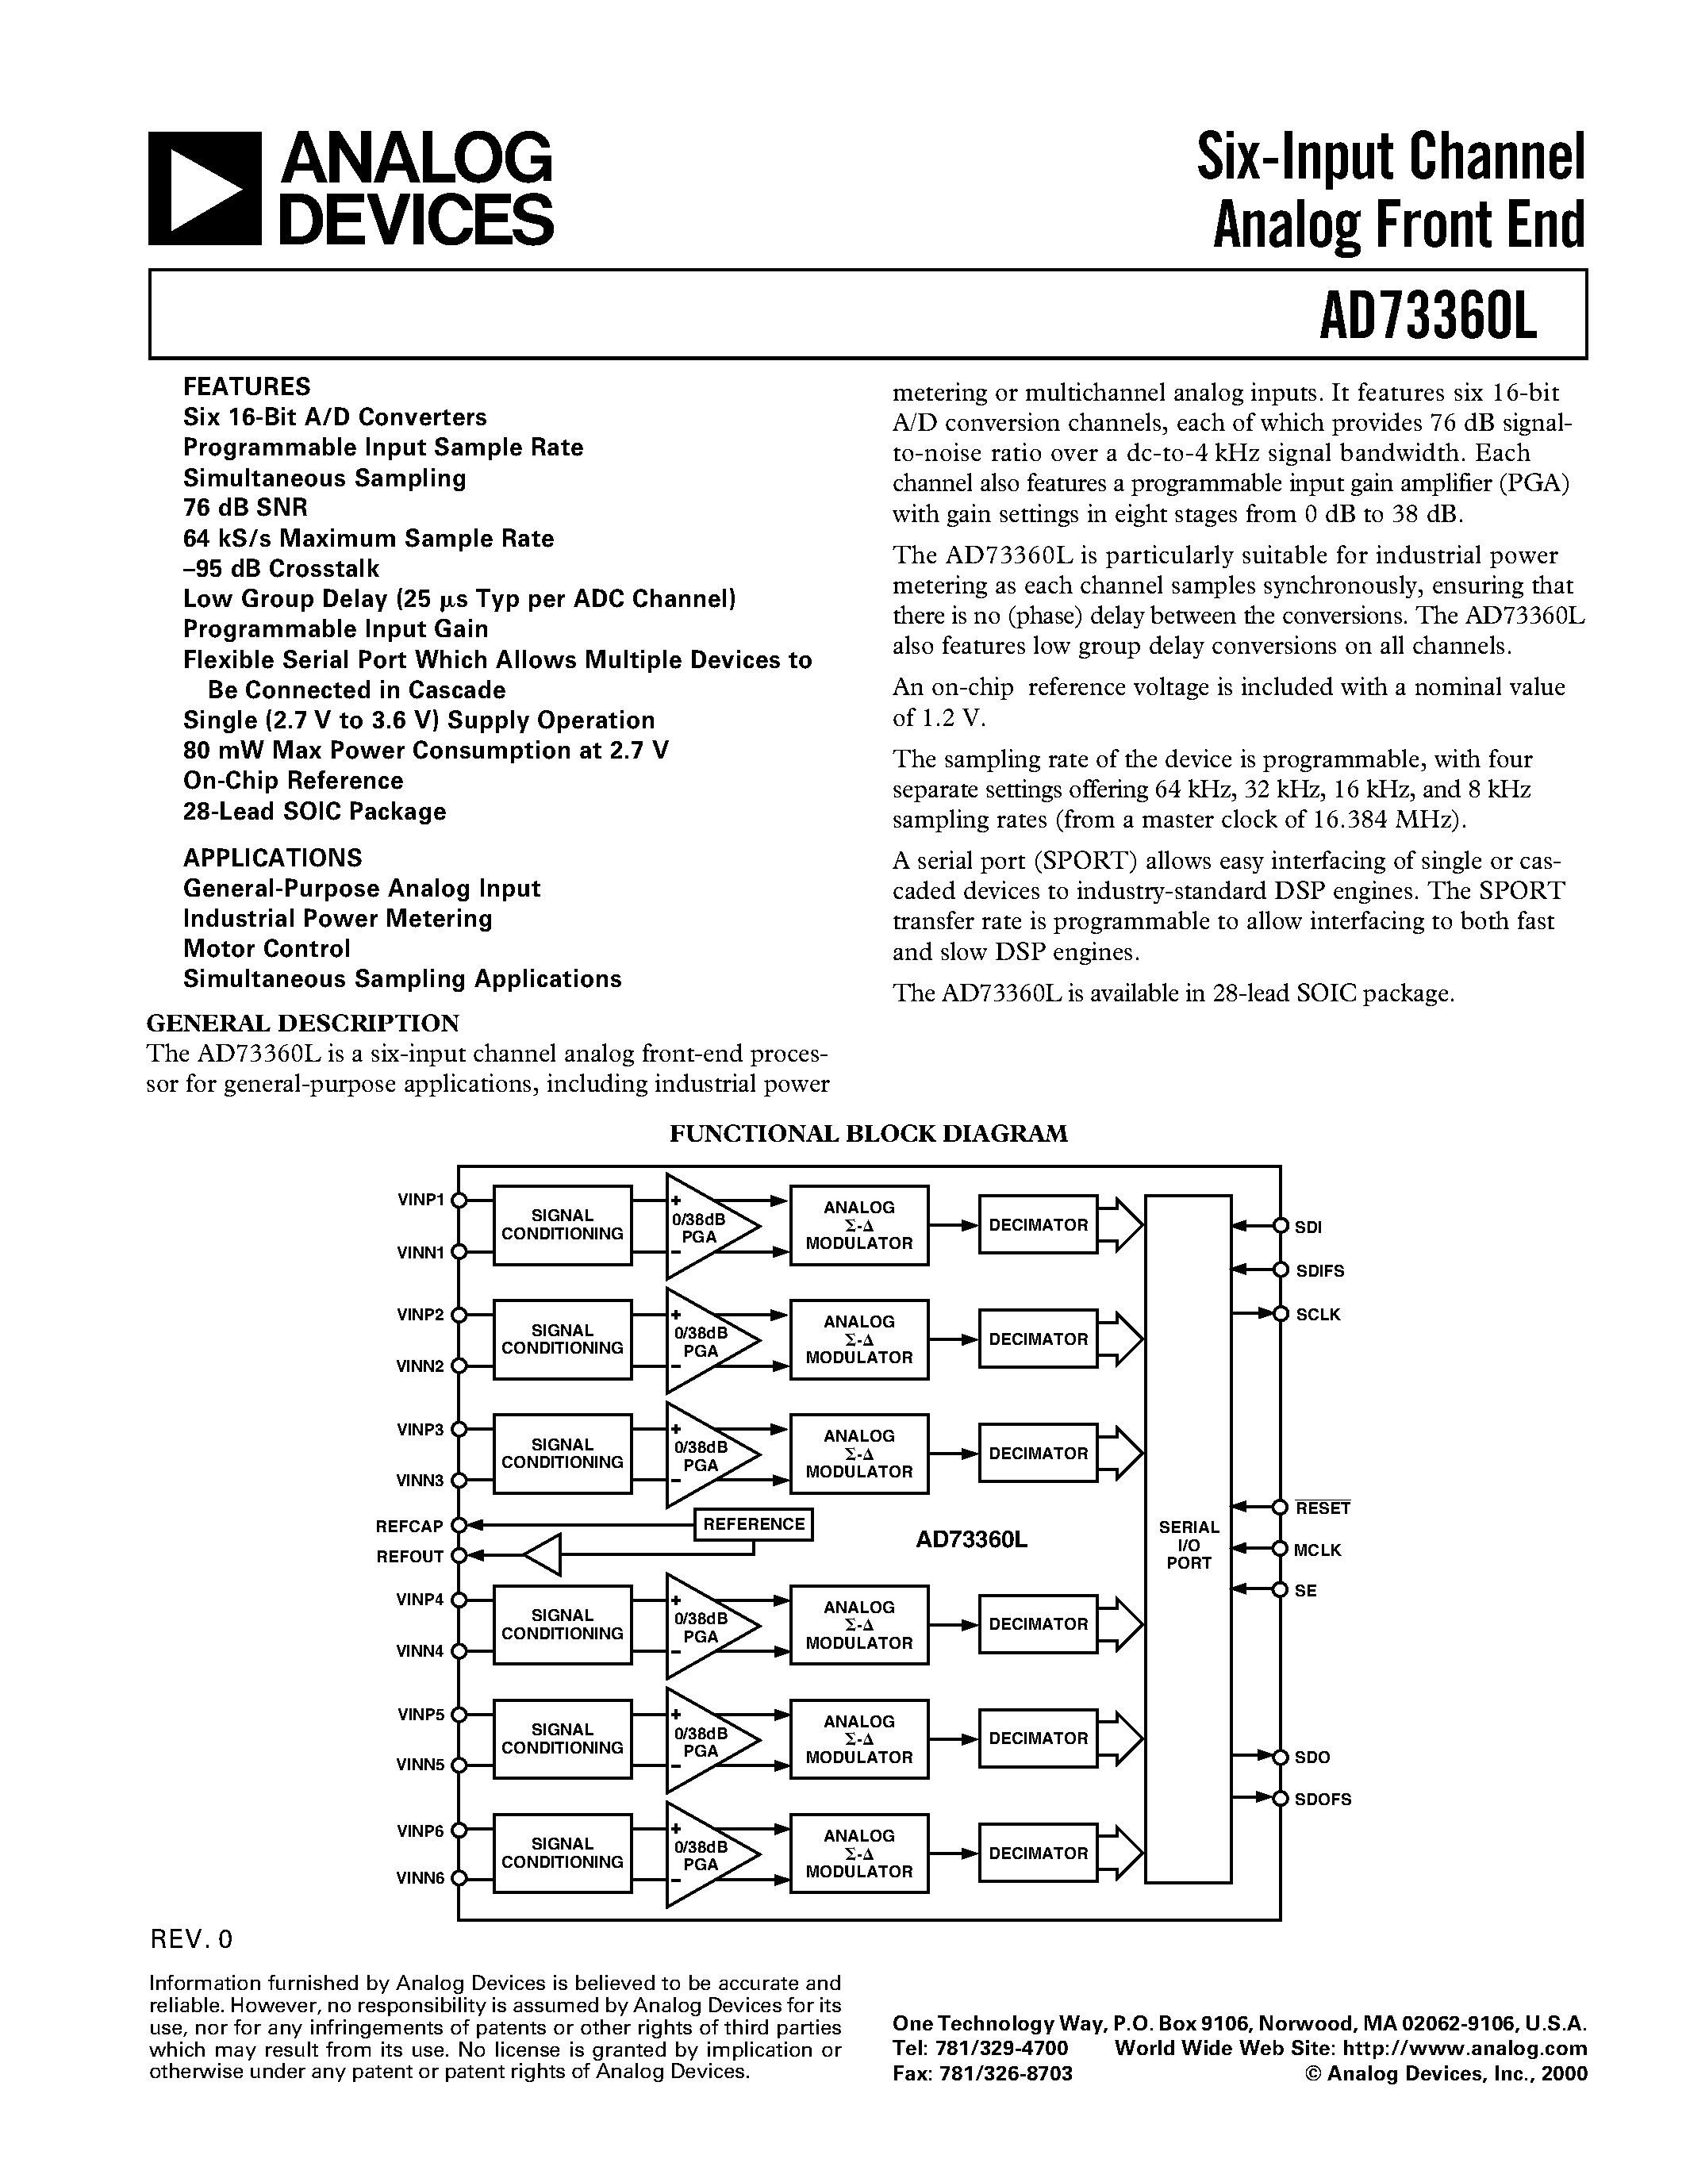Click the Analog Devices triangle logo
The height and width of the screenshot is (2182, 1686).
204,188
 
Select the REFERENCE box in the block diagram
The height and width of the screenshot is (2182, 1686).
753,1523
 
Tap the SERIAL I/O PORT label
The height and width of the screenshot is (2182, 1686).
1188,1545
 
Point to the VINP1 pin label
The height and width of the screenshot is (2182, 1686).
421,1200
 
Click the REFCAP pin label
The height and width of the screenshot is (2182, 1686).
409,1526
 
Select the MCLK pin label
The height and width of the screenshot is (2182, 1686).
1316,1550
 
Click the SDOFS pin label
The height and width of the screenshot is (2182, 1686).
1323,1800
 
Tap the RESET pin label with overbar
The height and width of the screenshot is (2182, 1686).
1323,1508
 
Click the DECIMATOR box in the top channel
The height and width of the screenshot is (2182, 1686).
1038,1225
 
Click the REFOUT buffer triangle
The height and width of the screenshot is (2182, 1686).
543,1556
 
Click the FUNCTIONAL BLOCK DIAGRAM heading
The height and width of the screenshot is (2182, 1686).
868,1133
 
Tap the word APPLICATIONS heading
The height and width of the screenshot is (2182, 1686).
271,857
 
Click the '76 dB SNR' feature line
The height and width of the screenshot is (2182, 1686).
244,508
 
